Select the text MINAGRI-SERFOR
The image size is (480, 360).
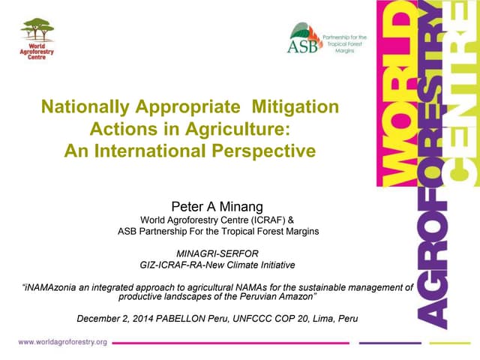[217, 253]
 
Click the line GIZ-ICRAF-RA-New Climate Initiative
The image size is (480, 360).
[217, 265]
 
